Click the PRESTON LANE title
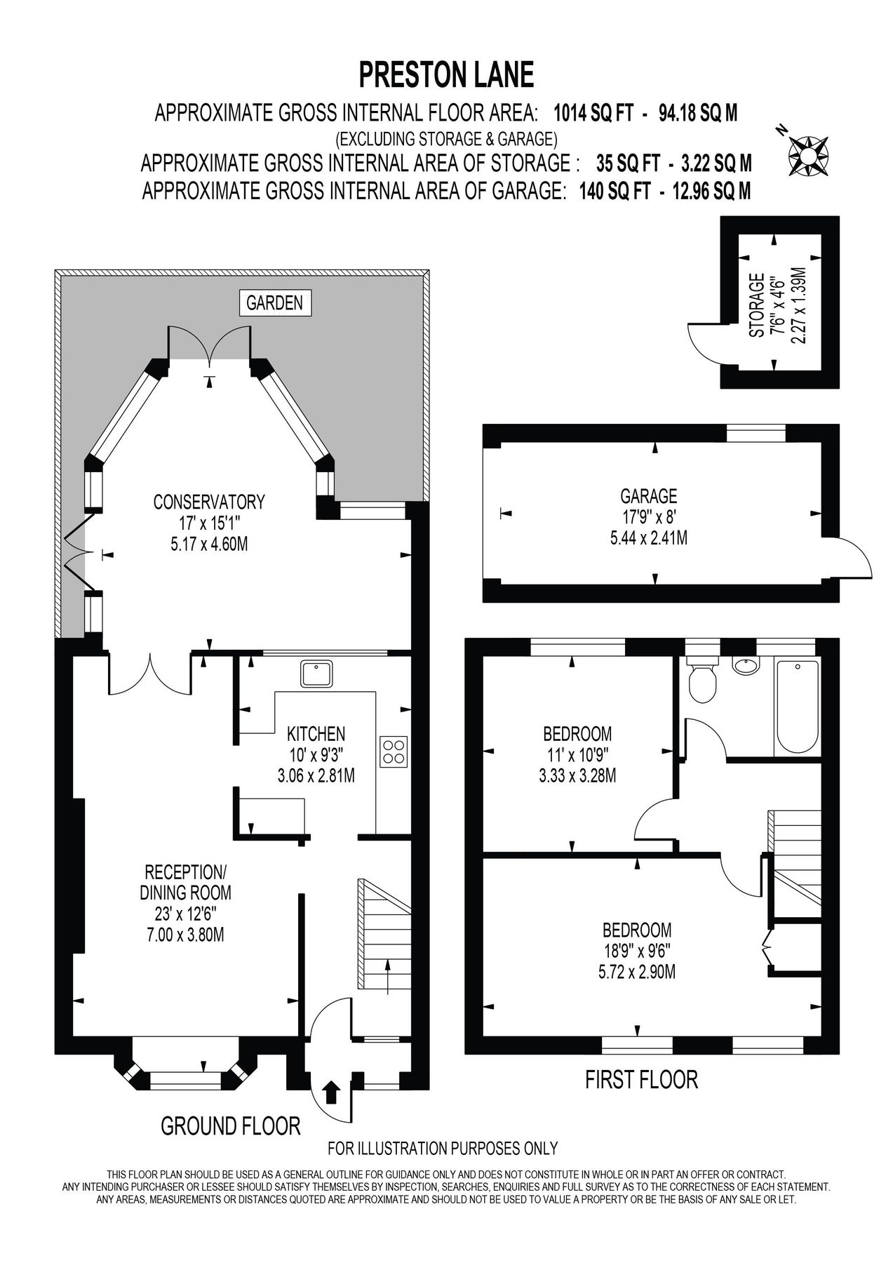[x=446, y=75]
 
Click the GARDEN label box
[x=274, y=303]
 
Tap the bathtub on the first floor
[x=797, y=705]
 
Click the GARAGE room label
[x=648, y=496]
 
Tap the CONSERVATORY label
[x=209, y=502]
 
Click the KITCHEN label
[x=316, y=734]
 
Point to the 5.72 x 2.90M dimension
[x=637, y=973]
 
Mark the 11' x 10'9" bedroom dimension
[x=577, y=755]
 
